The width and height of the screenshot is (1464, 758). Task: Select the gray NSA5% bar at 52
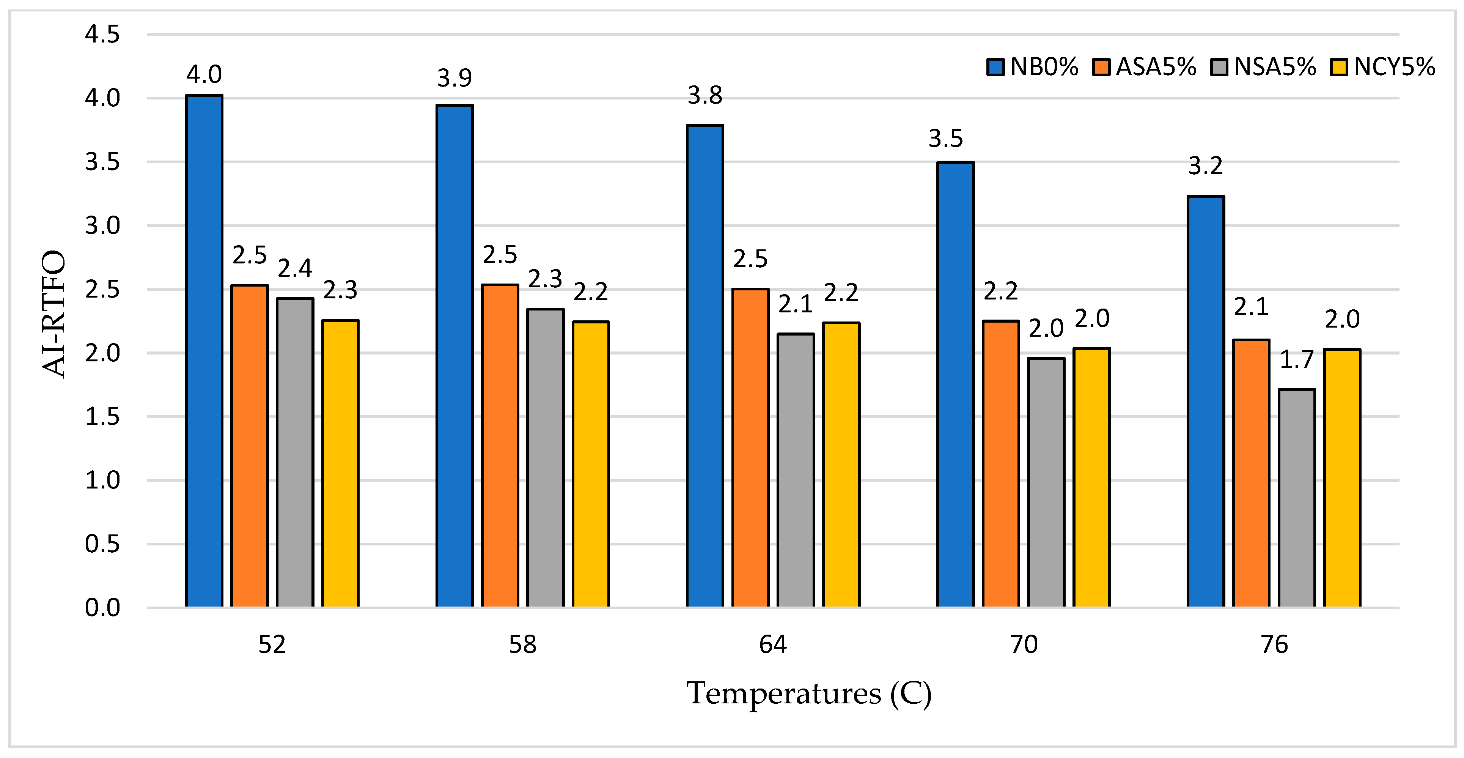point(295,453)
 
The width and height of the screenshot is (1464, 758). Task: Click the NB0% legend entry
point(1033,67)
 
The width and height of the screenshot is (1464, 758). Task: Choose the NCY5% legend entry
point(1383,67)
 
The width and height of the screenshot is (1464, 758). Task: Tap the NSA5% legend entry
point(1263,67)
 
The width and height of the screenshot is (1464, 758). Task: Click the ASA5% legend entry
point(1144,67)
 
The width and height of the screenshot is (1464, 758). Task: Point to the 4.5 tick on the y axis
point(102,35)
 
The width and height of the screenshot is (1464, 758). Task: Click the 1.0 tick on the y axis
point(102,481)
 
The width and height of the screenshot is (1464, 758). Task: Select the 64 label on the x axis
point(773,644)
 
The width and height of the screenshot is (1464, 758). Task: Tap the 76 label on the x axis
point(1274,644)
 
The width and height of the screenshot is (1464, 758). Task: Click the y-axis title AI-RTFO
point(54,314)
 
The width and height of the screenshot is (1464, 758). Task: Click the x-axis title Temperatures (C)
point(809,693)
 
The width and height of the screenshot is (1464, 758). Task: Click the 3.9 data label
point(454,78)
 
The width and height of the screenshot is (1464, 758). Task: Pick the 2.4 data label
point(295,268)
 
